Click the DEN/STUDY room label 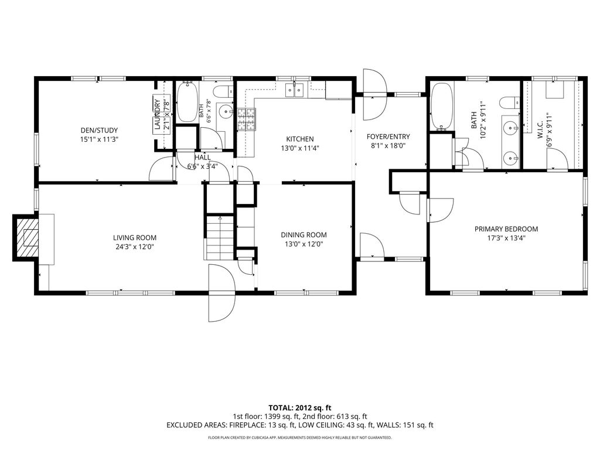click(99, 131)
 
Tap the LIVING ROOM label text click(135, 238)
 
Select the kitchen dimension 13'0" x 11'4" click(300, 148)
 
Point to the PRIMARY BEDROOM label click(506, 229)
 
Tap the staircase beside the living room click(220, 238)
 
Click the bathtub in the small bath click(187, 102)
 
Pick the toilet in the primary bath click(509, 103)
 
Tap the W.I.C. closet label click(540, 131)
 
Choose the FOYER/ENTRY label click(388, 137)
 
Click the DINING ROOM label click(304, 235)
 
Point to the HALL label click(202, 157)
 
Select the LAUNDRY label click(156, 114)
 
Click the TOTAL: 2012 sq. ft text click(299, 408)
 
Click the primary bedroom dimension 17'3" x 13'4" click(506, 238)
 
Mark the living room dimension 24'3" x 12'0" click(135, 247)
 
